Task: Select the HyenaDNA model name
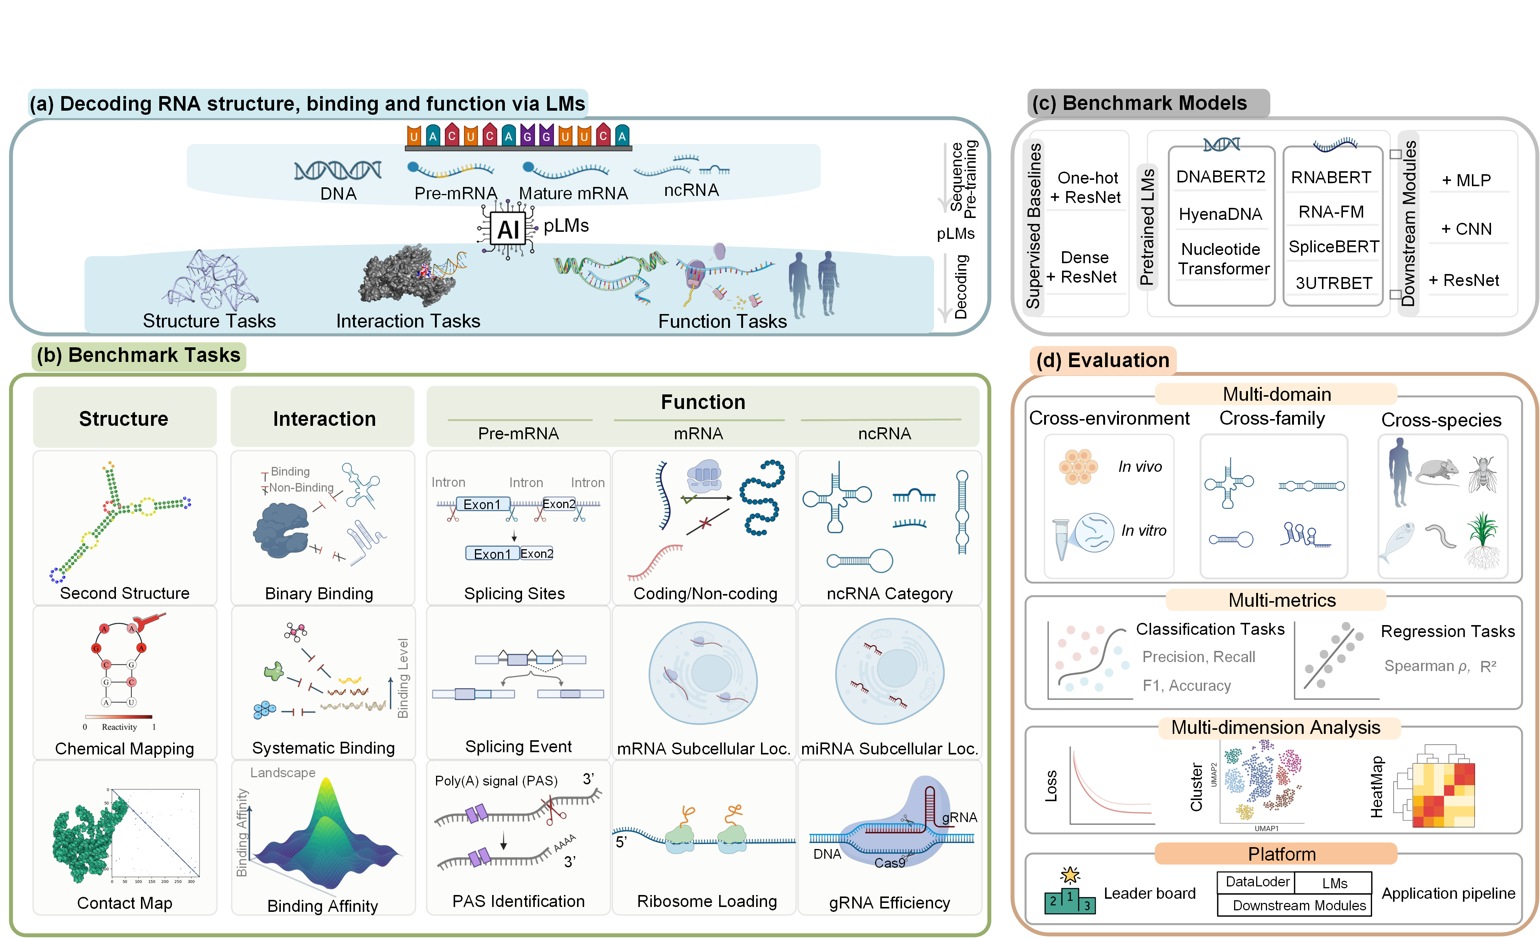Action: coord(1220,214)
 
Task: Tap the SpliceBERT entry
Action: coord(1333,247)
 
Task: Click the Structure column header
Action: coord(124,418)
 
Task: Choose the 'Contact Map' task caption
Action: coord(125,903)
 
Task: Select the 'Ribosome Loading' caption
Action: coord(706,901)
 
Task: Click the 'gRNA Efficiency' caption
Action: coord(889,903)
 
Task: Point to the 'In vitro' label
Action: coord(1143,530)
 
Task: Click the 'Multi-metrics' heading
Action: coord(1281,600)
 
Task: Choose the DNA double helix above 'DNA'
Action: coord(337,170)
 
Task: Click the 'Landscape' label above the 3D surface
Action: coord(282,773)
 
